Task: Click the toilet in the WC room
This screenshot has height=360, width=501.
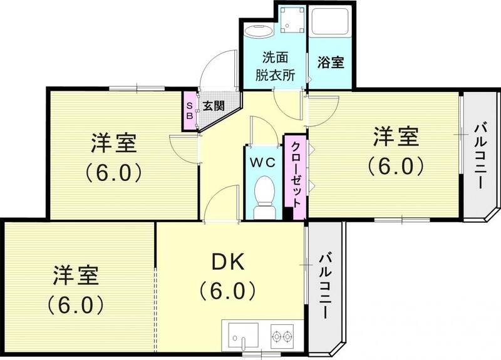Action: point(264,193)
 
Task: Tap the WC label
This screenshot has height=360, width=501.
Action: point(264,162)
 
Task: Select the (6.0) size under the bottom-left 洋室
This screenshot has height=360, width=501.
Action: point(75,305)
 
